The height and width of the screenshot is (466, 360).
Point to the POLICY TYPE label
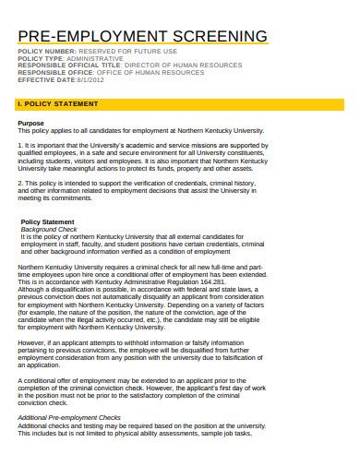click(x=42, y=59)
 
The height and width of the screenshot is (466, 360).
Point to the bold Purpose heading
click(x=30, y=123)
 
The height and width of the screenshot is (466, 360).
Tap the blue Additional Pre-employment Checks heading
click(x=69, y=417)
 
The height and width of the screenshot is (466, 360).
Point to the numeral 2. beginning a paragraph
click(x=21, y=183)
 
